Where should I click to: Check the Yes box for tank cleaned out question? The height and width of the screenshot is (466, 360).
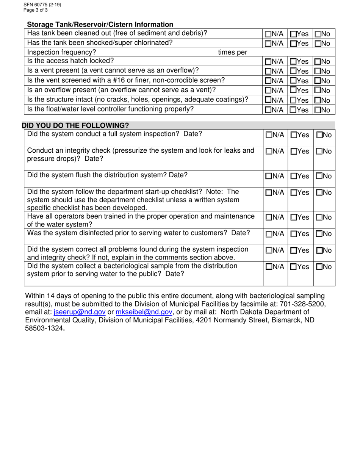click(294, 34)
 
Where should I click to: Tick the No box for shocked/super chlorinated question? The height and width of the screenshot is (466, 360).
click(318, 44)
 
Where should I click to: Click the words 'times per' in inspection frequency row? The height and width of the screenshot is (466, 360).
click(232, 53)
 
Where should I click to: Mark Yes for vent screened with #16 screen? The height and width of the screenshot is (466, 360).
click(294, 81)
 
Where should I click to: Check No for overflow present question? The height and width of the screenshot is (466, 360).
click(318, 91)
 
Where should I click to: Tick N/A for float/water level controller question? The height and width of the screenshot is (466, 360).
click(268, 110)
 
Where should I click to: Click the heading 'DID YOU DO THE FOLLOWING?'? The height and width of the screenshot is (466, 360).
click(75, 125)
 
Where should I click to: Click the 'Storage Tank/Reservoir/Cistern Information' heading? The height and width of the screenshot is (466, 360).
click(100, 25)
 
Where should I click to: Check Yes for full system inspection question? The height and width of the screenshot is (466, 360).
click(294, 135)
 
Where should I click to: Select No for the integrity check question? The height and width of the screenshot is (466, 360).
click(319, 152)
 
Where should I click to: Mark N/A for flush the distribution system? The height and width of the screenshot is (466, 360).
click(268, 176)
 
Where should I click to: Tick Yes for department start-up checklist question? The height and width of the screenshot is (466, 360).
click(294, 193)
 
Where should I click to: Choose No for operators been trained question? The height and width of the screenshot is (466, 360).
click(319, 217)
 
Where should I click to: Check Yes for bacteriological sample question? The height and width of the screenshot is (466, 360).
click(294, 267)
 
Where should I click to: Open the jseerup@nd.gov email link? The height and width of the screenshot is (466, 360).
click(80, 312)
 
